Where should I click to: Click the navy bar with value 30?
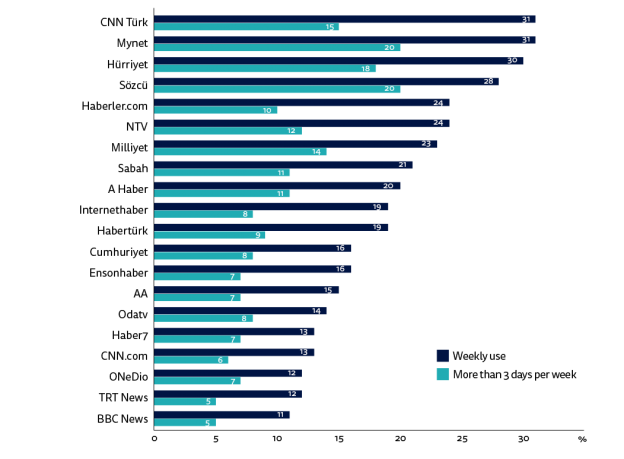[338, 60]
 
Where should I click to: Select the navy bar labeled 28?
[326, 81]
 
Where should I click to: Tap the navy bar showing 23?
[295, 144]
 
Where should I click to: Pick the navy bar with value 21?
[283, 165]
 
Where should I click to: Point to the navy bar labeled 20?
[277, 186]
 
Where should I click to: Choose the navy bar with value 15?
[246, 290]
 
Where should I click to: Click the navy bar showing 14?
[240, 311]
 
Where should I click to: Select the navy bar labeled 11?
[222, 414]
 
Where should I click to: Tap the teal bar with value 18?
[265, 69]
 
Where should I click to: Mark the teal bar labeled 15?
[246, 27]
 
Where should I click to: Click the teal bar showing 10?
[216, 110]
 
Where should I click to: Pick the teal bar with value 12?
[228, 131]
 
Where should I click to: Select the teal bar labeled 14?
[240, 152]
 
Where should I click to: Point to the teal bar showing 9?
[210, 235]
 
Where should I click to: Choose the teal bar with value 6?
[191, 360]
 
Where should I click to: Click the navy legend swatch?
[443, 356]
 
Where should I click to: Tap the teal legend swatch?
[443, 375]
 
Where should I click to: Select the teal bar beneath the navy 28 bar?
[277, 89]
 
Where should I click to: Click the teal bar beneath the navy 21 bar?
[222, 173]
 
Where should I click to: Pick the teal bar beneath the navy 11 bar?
[185, 423]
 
